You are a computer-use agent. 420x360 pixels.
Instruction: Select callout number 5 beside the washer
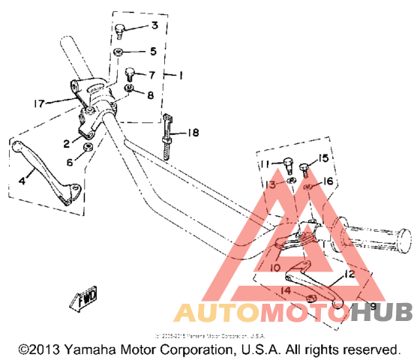pos(153,52)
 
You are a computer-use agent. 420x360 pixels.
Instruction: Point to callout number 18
pos(193,133)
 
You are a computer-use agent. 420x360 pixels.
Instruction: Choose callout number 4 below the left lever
pos(22,181)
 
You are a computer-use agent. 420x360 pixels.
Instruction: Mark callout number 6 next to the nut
pos(70,161)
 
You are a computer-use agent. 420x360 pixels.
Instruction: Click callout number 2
pos(67,143)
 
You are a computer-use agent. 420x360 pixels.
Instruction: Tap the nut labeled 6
pos(89,147)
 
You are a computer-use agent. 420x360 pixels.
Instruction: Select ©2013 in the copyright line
pos(34,350)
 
